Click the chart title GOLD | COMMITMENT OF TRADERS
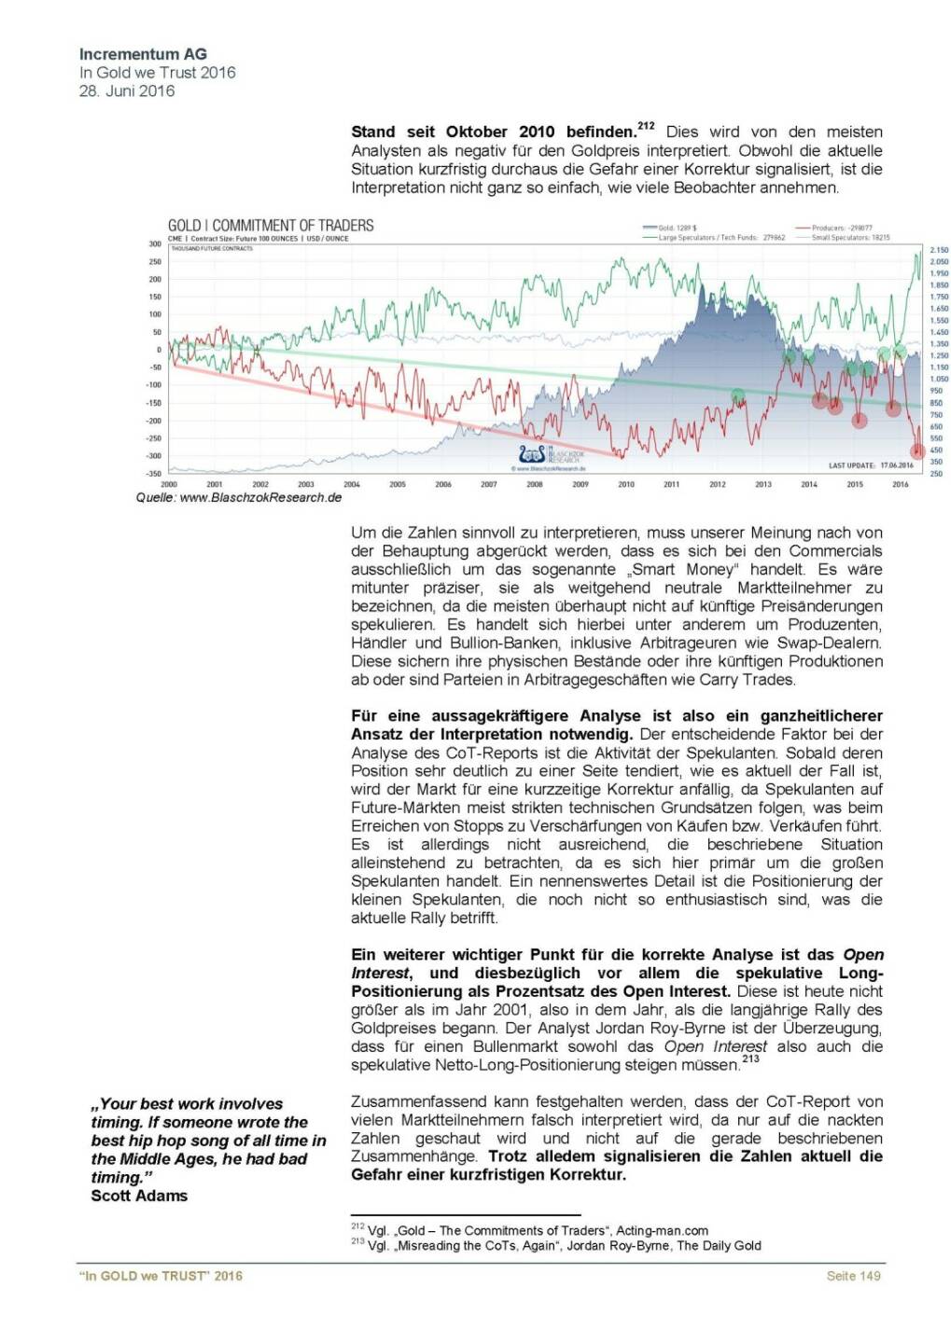(271, 226)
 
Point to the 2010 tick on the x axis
(626, 485)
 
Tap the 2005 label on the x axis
(398, 485)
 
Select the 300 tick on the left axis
(155, 243)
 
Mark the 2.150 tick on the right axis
(938, 250)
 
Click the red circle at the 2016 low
(917, 451)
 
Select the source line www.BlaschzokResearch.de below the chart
(239, 498)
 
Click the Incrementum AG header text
(143, 54)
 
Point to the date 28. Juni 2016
(127, 90)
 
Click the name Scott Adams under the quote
(139, 1196)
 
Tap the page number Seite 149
(853, 1276)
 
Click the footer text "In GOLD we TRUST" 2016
(161, 1276)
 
